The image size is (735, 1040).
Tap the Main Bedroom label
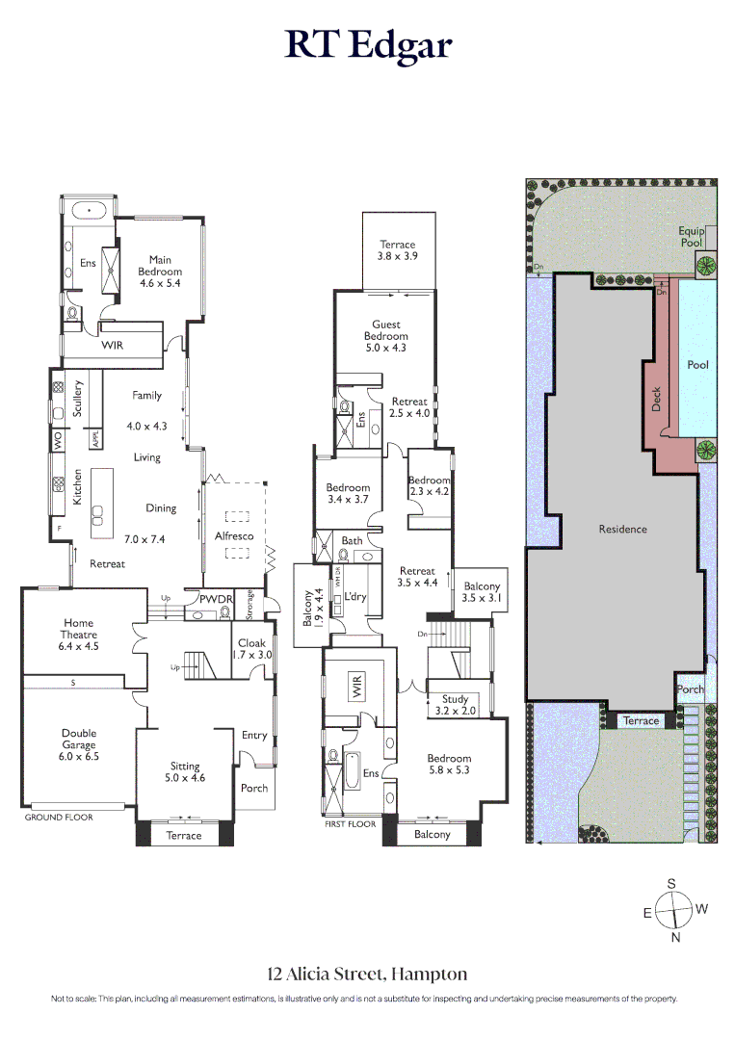coord(160,265)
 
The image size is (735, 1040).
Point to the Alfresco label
coord(234,534)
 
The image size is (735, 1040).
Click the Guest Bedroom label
coord(385,336)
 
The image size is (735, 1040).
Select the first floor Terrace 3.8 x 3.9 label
coord(397,251)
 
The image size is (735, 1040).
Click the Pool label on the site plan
coord(697,365)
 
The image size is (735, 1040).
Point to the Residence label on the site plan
coord(622,529)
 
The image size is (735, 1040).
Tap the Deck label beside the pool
coord(657,399)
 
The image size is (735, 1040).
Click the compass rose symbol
coord(672,910)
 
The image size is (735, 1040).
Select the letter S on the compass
coord(672,883)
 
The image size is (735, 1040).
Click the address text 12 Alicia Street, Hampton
coord(367,974)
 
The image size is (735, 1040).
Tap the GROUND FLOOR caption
coord(59,817)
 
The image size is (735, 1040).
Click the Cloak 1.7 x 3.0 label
coord(251,649)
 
